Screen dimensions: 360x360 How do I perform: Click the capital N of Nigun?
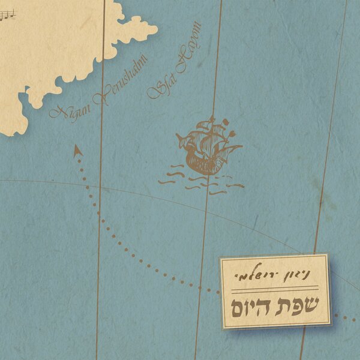click(x=57, y=113)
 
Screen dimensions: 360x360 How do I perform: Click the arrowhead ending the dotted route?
click(x=77, y=151)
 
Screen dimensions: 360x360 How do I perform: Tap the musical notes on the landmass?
click(x=7, y=19)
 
